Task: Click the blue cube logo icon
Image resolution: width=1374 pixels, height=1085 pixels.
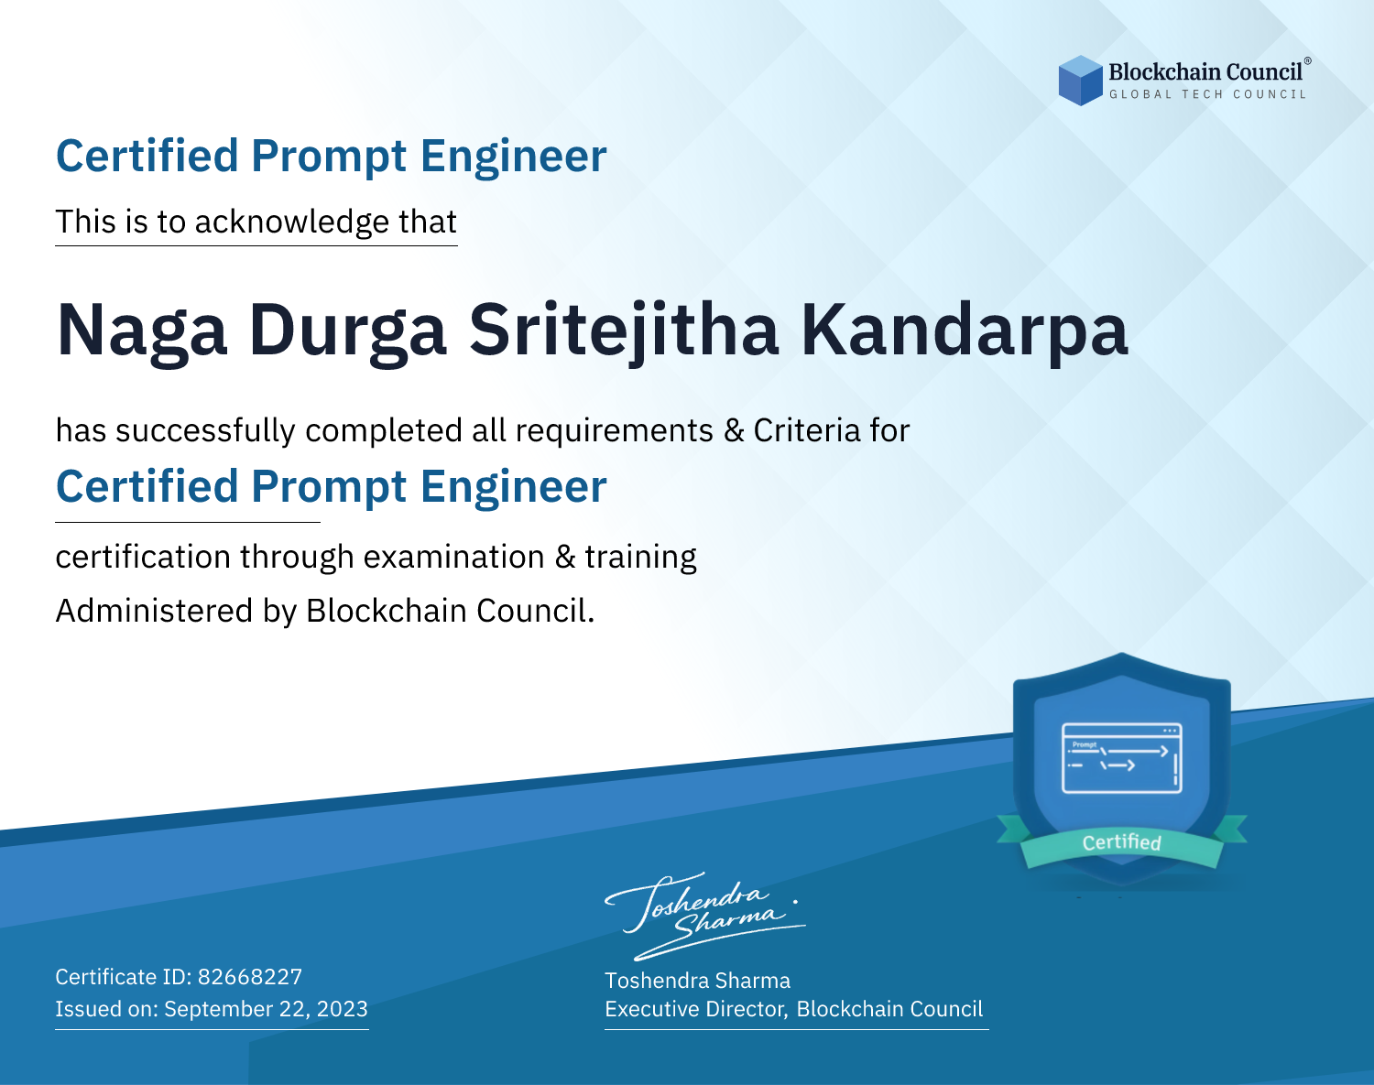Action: click(1080, 81)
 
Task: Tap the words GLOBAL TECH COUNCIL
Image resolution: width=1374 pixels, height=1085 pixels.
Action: click(1208, 94)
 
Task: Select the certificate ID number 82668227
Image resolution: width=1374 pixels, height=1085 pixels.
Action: click(250, 976)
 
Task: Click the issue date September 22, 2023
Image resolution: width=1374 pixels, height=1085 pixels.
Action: click(266, 1009)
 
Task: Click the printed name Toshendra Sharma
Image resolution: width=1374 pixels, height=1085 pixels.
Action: click(697, 981)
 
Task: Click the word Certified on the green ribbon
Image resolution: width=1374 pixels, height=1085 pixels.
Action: click(1122, 842)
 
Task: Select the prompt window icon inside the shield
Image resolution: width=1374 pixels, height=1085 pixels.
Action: click(1122, 758)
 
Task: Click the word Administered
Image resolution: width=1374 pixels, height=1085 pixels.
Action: click(154, 611)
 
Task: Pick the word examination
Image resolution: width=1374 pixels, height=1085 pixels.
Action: click(454, 557)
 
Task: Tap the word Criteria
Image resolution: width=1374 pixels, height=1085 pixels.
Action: click(806, 430)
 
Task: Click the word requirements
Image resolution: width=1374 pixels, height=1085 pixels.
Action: click(615, 431)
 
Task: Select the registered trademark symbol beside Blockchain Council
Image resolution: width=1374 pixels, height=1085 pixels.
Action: click(1308, 61)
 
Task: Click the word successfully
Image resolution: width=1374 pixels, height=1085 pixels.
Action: click(205, 431)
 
